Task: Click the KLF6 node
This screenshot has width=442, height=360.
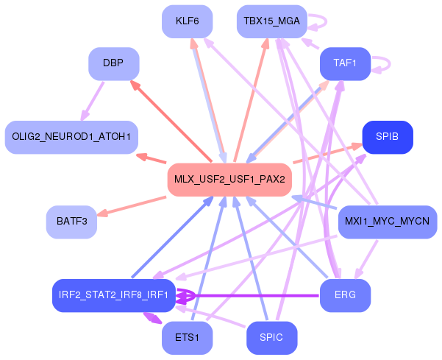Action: [x=188, y=21]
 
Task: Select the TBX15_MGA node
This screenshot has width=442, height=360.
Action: [x=271, y=21]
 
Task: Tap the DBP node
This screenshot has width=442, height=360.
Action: [x=113, y=64]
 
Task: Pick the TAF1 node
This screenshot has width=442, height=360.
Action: [x=345, y=64]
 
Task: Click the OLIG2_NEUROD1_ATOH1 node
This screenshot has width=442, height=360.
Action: [x=71, y=137]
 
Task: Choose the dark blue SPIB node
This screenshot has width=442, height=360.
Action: [x=388, y=137]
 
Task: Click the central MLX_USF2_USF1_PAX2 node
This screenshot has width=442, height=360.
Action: [x=229, y=180]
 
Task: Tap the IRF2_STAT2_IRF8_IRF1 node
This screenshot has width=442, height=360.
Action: [x=113, y=296]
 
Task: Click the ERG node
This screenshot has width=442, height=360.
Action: [x=345, y=296]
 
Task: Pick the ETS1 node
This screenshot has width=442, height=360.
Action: [x=188, y=338]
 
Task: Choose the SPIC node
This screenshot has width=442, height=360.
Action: [x=271, y=338]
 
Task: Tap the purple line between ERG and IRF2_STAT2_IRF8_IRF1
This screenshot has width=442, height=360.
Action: [x=257, y=296]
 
